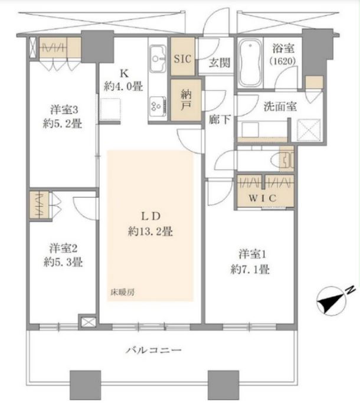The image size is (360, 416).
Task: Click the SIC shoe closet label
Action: [182, 58]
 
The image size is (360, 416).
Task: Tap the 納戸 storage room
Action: [186, 100]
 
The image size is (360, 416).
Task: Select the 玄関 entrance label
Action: [219, 63]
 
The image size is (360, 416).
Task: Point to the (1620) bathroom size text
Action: [283, 61]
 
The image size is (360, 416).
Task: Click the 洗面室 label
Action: [280, 106]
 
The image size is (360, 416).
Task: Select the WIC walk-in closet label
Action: [263, 198]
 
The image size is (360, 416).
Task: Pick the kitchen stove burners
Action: [158, 106]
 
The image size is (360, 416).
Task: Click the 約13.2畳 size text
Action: [150, 231]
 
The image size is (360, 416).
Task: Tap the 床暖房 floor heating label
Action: [122, 292]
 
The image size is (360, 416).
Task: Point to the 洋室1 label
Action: [252, 254]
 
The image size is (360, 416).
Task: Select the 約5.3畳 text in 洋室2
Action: [63, 262]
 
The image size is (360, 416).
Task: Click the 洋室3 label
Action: [64, 109]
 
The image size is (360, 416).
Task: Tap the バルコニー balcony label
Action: [153, 350]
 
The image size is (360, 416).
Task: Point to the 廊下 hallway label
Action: [220, 119]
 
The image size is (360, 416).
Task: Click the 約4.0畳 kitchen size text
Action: [123, 86]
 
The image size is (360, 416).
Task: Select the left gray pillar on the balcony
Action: [86, 385]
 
